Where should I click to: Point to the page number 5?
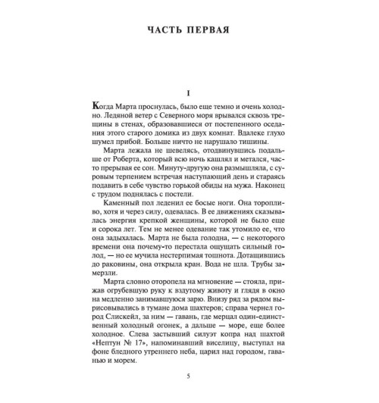click(189, 375)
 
